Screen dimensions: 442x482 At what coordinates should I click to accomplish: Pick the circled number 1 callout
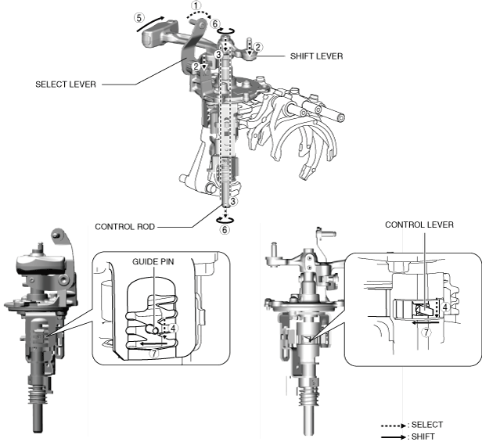click(x=196, y=5)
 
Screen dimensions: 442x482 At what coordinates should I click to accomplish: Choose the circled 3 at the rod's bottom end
click(x=234, y=202)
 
